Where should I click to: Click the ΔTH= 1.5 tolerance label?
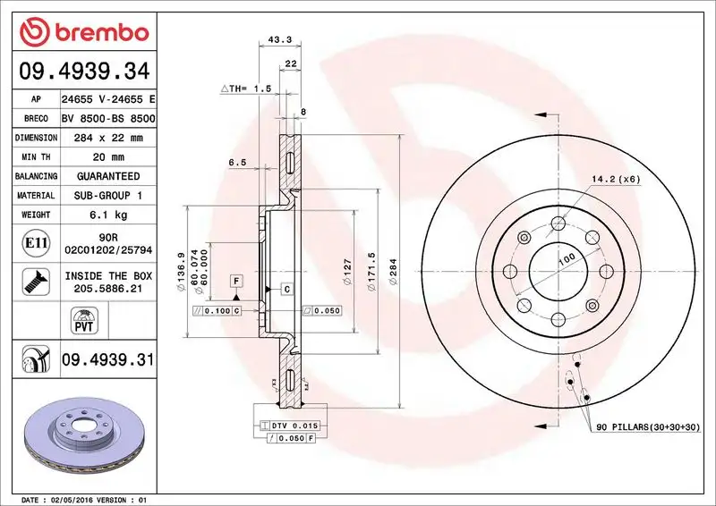pyautogui.click(x=245, y=89)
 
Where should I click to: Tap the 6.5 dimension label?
pyautogui.click(x=237, y=162)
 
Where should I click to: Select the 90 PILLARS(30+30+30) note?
pyautogui.click(x=648, y=429)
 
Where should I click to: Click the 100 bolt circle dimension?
pyautogui.click(x=566, y=259)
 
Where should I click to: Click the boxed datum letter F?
pyautogui.click(x=236, y=281)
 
